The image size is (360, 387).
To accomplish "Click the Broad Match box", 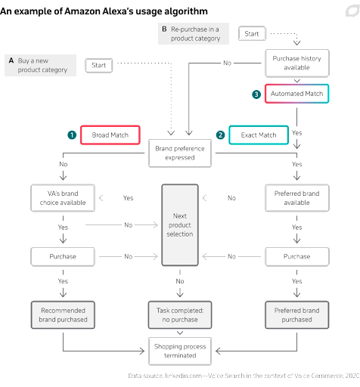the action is pos(110,135).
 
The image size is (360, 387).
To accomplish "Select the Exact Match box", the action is pos(259,135).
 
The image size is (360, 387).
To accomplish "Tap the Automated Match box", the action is pos(296,94).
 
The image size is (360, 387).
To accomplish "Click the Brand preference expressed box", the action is pos(180,153).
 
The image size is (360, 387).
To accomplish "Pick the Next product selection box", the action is pos(180,225).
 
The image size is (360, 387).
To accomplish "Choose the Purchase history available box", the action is pos(297,63).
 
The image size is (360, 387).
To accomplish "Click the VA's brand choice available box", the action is pos(63,198).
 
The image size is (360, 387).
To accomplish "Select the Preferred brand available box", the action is pos(297,198).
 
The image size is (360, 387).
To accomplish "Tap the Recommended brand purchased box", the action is pos(63,315).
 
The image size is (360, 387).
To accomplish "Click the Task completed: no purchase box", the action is pos(180,315).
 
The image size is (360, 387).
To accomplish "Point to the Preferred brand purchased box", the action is pos(297,315).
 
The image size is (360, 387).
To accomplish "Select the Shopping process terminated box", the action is pos(180,351).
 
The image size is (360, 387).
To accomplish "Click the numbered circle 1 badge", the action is pos(72,135).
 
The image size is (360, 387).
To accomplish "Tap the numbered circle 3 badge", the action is pos(256,94).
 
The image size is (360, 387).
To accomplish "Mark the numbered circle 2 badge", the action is pos(220,135).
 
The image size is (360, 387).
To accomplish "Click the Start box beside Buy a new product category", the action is pos(99,66).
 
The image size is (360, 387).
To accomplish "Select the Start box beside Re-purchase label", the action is pos(252,33).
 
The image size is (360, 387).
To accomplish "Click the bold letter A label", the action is pos(11,60).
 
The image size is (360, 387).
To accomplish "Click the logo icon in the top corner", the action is pos(352,11).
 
